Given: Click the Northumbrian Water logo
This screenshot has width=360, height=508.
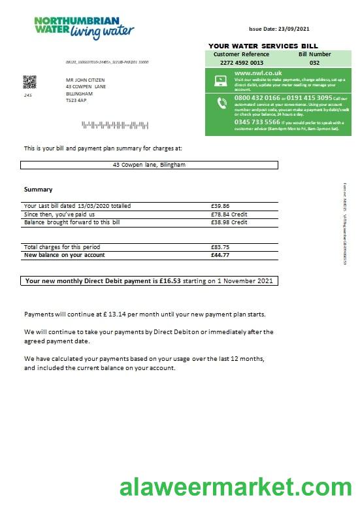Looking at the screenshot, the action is pos(84,28).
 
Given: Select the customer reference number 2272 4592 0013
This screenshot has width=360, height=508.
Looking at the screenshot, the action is pos(241,63).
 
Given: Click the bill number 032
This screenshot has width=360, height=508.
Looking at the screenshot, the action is pos(314,63).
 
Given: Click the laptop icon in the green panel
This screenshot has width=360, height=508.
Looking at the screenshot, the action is pos(220,81).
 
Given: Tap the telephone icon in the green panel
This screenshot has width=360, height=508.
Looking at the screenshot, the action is pos(220,103).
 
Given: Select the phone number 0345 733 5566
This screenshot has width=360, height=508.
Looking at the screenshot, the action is pos(257,122).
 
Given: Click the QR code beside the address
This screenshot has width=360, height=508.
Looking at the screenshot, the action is pos(29,82).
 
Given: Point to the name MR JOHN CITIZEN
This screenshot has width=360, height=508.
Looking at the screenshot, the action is pos(85,79).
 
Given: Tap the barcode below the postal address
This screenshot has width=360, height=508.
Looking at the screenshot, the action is pos(92,124).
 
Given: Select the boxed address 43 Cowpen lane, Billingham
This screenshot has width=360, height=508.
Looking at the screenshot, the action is pos(149,165).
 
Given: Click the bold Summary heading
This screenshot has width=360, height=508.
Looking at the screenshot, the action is pos(38,190).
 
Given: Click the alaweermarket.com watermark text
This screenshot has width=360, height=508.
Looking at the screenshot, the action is pos(235,488).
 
